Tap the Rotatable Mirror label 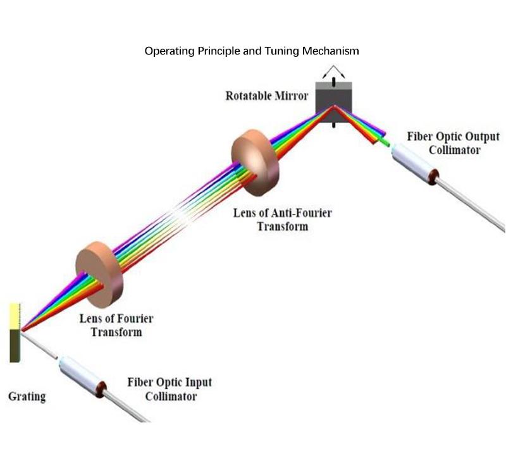tap(266, 96)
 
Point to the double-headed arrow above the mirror tap(333, 70)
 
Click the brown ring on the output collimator tap(433, 175)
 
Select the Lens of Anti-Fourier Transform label tap(282, 219)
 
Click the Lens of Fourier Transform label tap(116, 325)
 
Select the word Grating tap(27, 397)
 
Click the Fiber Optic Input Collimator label tap(170, 389)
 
